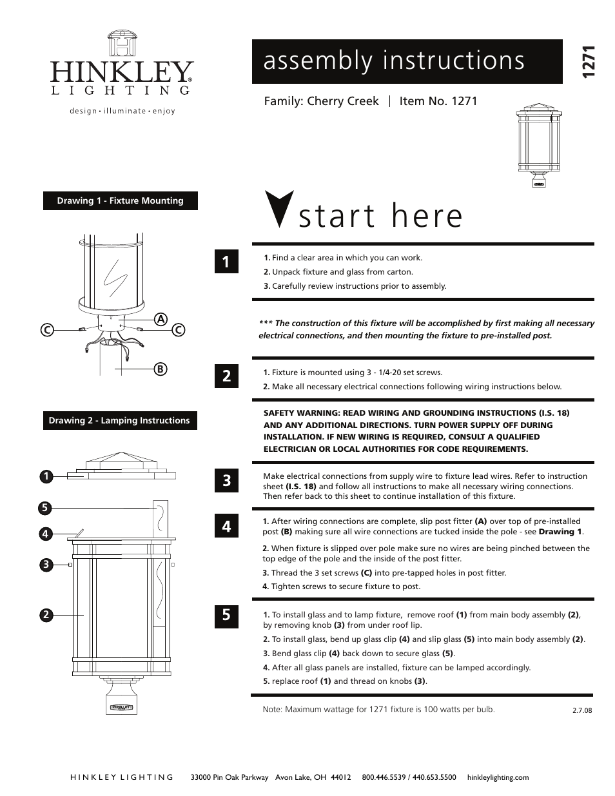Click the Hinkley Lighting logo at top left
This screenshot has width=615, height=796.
[121, 72]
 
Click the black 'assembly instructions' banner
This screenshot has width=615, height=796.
[407, 61]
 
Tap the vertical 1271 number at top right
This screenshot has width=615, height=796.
[588, 63]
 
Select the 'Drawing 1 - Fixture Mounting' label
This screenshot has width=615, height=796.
[120, 201]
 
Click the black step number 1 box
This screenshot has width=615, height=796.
[226, 262]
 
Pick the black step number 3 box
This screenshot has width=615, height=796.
[226, 480]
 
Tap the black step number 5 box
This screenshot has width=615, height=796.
[226, 615]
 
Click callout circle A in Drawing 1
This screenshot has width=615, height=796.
[161, 319]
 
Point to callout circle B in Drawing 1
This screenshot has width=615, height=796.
[161, 369]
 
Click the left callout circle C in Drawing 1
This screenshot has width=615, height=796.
[46, 330]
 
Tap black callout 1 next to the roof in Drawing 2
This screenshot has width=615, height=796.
[46, 476]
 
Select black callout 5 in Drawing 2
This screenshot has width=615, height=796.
[44, 508]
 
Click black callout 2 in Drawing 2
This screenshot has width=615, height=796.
[46, 615]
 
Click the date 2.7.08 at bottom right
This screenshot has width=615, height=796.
[581, 710]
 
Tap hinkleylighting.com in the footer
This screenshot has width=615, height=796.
[497, 777]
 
